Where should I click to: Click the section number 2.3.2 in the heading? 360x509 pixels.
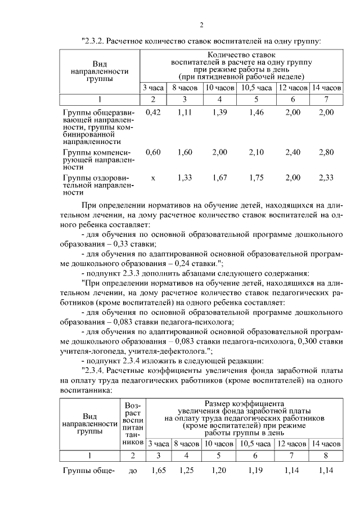[92, 41]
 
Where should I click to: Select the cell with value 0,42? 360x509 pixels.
[153, 112]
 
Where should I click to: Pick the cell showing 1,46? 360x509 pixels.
[256, 112]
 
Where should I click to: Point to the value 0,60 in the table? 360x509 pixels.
[153, 152]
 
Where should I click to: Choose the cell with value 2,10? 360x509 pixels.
[256, 152]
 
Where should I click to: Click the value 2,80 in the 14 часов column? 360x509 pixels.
[326, 152]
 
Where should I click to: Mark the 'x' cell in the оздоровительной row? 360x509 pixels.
[153, 178]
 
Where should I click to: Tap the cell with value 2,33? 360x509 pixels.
[326, 178]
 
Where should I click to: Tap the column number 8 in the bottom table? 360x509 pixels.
[326, 454]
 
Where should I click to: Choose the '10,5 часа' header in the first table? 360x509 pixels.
[256, 88]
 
